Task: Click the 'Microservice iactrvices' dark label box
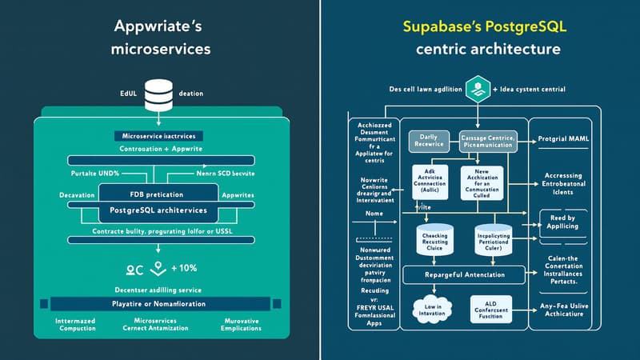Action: (x=159, y=135)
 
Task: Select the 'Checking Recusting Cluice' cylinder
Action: (x=436, y=241)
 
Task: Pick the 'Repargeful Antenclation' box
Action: (x=465, y=274)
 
